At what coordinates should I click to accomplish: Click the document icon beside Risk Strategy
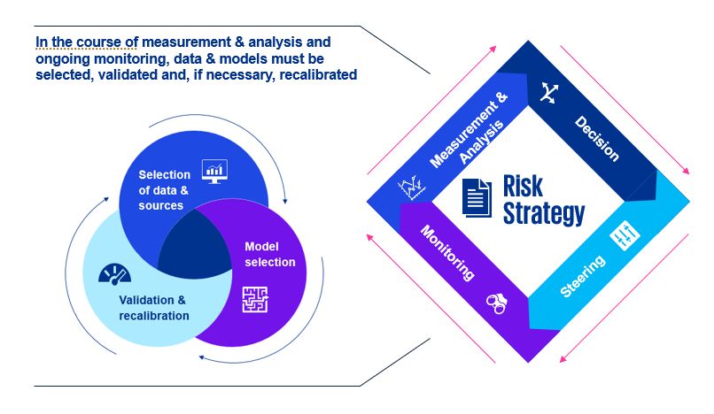[477, 197]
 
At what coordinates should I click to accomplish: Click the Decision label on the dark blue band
[596, 138]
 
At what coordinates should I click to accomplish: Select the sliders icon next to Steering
[625, 236]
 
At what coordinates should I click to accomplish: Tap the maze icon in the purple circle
[255, 301]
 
